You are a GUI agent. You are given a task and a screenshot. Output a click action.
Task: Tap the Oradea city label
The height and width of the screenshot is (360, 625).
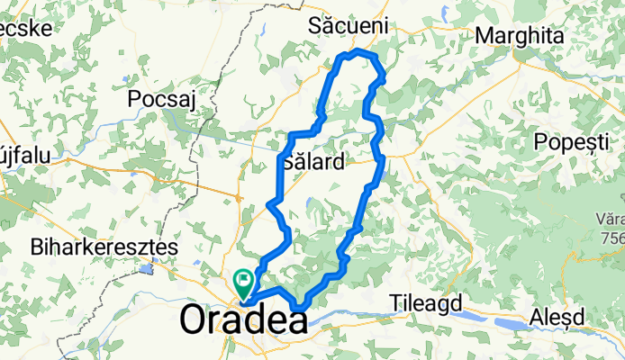242,319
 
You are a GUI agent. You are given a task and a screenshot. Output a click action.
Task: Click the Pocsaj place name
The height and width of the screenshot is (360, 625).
162,98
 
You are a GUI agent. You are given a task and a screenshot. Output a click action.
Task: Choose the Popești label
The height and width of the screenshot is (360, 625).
572,141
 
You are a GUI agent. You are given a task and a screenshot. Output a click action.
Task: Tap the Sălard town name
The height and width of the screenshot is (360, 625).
312,163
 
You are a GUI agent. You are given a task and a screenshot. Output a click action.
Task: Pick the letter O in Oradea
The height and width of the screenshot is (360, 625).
195,319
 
